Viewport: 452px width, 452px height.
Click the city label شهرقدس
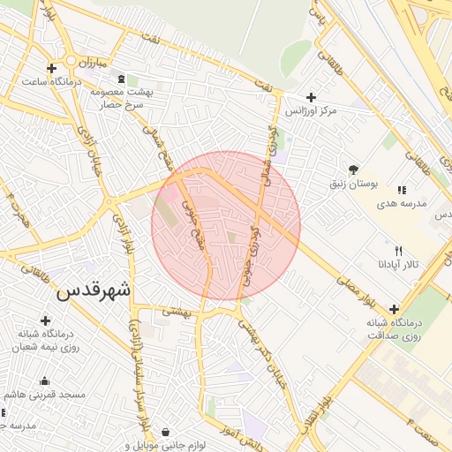[x=94, y=291]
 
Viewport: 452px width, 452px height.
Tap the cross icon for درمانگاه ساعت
[x=51, y=68]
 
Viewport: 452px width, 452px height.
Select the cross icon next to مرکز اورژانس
[x=310, y=97]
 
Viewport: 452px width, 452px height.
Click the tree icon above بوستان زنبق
[x=353, y=169]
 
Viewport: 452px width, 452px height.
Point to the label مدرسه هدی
[x=402, y=203]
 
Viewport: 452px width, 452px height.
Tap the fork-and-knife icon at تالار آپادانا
[x=397, y=251]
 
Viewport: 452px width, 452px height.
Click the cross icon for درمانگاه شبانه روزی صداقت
[x=394, y=308]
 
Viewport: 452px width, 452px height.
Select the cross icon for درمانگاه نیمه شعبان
[x=45, y=320]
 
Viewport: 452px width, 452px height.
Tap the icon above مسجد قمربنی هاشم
[x=44, y=380]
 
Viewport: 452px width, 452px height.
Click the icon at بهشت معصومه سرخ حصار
[x=121, y=78]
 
